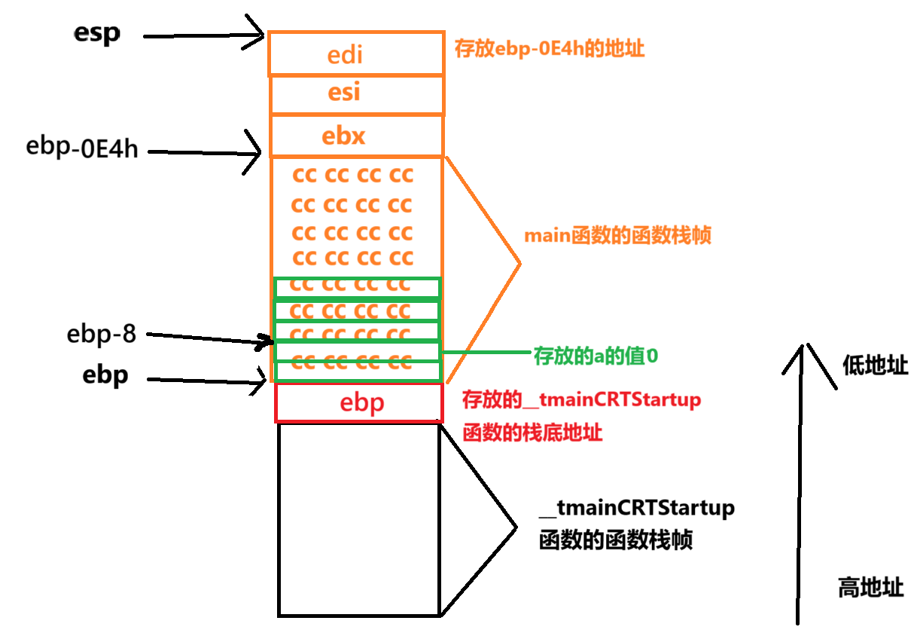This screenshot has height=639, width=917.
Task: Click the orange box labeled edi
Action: (355, 54)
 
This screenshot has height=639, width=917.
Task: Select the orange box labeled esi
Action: (356, 94)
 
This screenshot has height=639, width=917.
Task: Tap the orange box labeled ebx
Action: (356, 136)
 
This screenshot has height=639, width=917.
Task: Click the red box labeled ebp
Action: (359, 402)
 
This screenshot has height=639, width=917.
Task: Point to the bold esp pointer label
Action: (97, 33)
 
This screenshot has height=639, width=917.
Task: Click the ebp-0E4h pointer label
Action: (82, 146)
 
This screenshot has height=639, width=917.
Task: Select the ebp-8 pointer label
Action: (102, 333)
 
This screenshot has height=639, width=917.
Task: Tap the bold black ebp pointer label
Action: (105, 375)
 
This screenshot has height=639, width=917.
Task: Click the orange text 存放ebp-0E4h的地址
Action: (550, 50)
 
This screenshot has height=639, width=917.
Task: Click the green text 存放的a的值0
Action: (596, 356)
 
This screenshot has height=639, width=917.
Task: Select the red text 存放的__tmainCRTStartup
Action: (581, 399)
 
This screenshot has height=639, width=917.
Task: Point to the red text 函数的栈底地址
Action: (533, 433)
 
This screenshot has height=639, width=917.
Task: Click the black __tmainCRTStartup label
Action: (637, 508)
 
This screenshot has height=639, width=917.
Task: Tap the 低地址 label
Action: (875, 366)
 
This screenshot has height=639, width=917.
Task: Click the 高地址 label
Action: (871, 587)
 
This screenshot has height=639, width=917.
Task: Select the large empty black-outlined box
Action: (358, 519)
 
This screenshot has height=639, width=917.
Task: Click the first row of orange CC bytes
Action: (353, 176)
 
